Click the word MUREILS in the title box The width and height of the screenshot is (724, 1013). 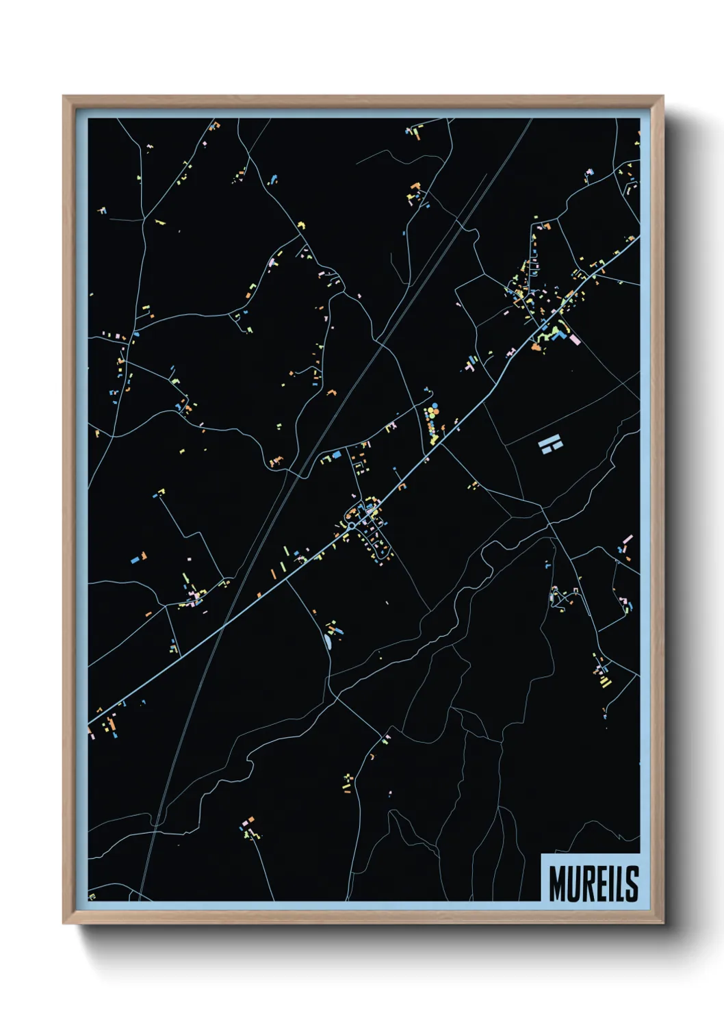point(593,883)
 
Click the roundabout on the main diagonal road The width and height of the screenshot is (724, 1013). point(351,526)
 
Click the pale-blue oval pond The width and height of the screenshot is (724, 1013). point(327,642)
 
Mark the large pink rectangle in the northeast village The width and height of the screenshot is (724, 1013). point(574,339)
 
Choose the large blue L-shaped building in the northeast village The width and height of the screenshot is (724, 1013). point(560,333)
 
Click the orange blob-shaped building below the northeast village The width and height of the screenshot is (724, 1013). point(535,348)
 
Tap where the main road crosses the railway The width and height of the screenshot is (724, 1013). point(224,624)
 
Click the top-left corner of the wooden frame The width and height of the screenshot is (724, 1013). point(64,97)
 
